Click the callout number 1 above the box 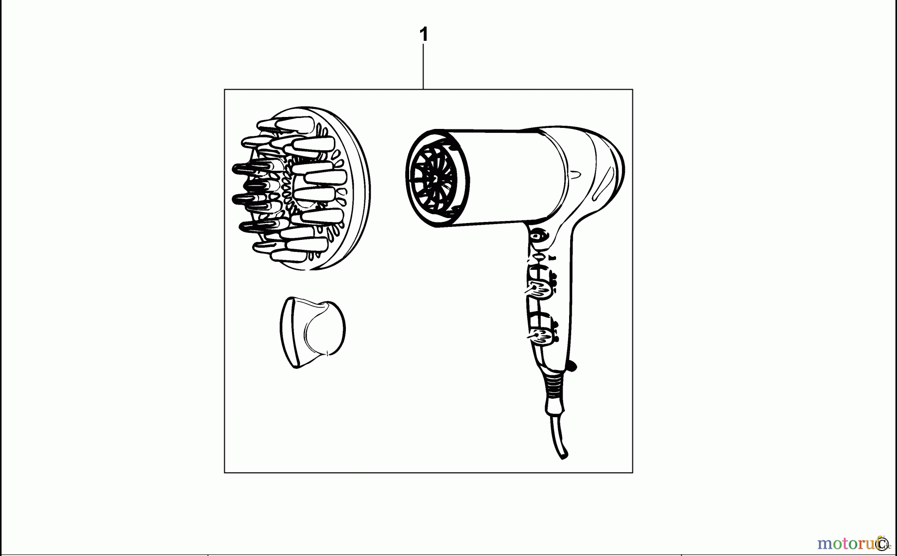[x=424, y=35]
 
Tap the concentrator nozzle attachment [x=313, y=331]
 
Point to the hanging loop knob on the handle [x=572, y=366]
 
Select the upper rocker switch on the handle [x=540, y=289]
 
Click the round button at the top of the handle [x=538, y=236]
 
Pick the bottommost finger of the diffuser [x=289, y=256]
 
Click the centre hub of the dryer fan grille [x=434, y=178]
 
